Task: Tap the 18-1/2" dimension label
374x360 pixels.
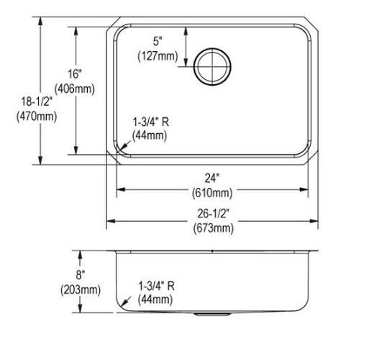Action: point(37,102)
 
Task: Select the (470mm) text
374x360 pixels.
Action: point(37,117)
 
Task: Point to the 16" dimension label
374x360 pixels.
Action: point(75,74)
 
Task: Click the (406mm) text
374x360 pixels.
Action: point(75,89)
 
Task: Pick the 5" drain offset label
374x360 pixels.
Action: point(158,41)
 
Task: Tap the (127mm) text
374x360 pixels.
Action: point(158,56)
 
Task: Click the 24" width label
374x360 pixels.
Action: point(212,178)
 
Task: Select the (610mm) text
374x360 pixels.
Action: point(212,193)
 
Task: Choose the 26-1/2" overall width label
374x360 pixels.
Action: point(213,213)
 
